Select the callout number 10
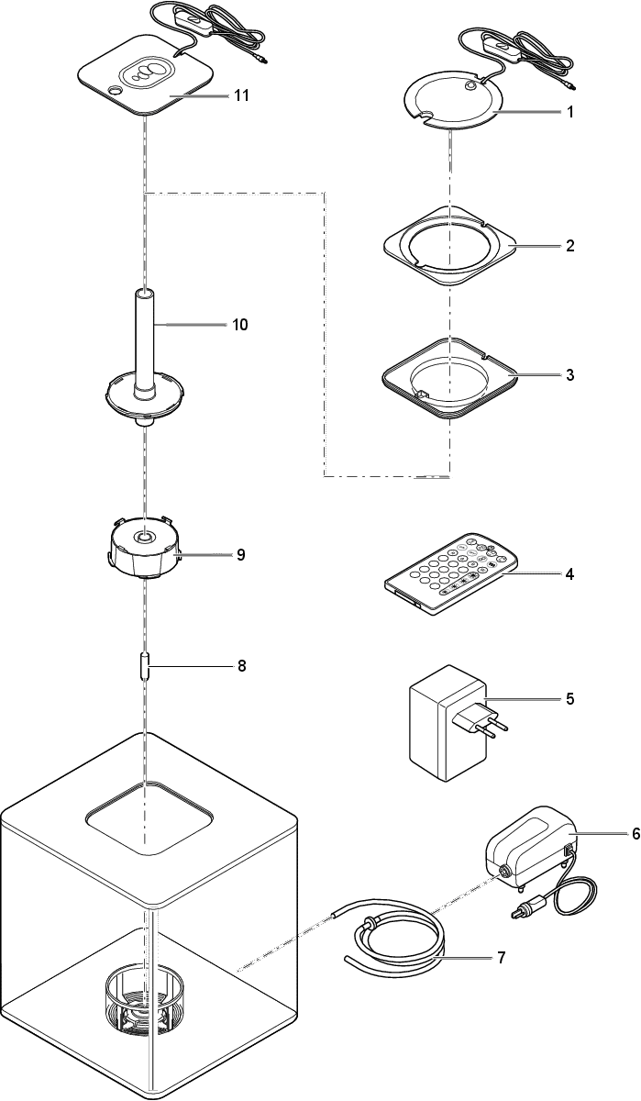[x=240, y=325]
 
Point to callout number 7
[x=501, y=957]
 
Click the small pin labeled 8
[x=146, y=666]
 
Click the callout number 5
[x=569, y=699]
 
